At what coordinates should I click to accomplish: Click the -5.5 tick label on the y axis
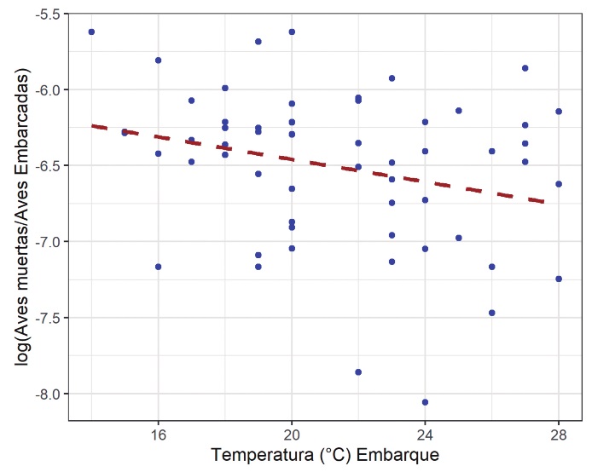43,14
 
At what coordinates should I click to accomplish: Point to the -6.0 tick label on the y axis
43,90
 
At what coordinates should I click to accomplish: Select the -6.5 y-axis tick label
43,165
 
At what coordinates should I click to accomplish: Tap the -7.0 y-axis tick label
43,242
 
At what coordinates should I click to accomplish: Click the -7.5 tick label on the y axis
43,318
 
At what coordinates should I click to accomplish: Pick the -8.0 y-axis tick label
43,394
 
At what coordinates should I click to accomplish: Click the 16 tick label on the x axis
158,432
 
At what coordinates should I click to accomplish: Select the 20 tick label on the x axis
292,432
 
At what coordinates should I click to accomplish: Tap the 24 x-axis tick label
425,432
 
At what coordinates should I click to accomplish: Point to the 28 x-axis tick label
559,432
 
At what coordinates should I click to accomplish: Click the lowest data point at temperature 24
425,402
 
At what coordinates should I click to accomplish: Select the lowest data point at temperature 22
358,372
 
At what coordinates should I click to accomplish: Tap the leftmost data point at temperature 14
91,32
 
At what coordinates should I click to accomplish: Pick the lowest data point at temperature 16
158,267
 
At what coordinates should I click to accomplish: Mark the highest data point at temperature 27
525,68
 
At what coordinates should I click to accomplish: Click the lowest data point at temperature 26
492,313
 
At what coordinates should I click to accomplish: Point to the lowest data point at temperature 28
559,279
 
